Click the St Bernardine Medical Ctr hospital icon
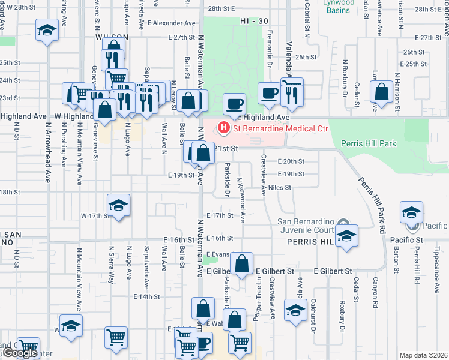pos(224,127)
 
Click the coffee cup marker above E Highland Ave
pos(234,103)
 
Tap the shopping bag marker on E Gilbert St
pos(241,263)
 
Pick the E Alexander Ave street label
pos(171,23)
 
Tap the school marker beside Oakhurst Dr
pos(295,311)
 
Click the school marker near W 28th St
pos(46,29)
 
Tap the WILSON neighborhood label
pos(112,37)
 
